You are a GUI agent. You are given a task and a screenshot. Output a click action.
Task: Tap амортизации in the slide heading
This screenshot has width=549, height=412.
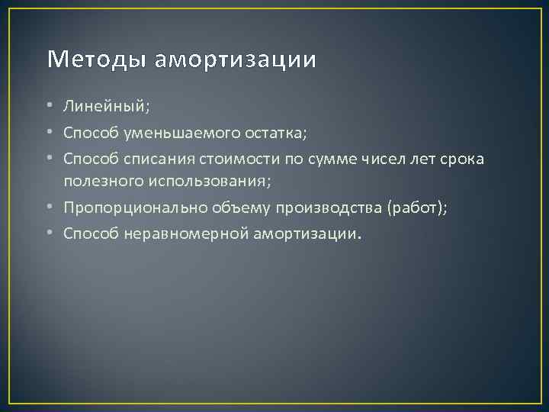(x=235, y=60)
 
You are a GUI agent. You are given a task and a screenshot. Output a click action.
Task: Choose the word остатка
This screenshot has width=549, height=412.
(x=271, y=134)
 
